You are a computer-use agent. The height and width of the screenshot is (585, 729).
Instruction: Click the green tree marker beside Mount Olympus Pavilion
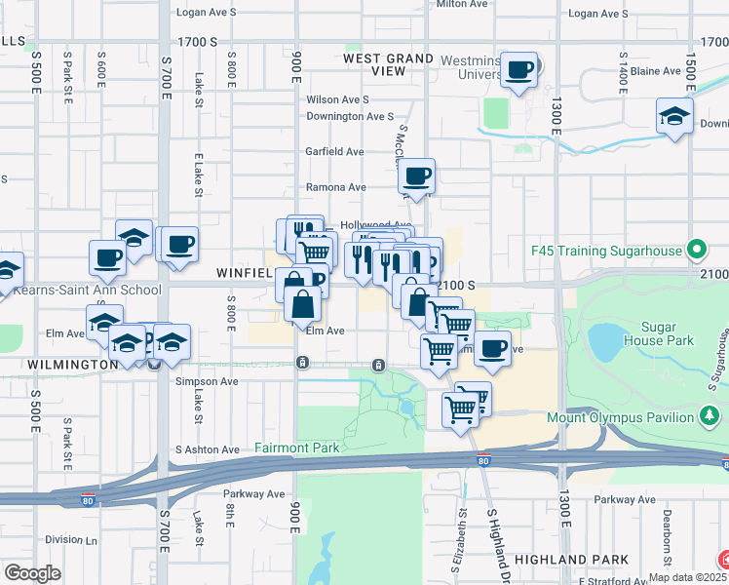tap(709, 417)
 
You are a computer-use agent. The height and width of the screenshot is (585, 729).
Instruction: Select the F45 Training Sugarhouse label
tap(606, 251)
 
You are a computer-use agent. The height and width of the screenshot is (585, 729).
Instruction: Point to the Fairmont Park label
tap(297, 448)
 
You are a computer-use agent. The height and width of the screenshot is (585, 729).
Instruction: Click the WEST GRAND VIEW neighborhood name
tap(389, 65)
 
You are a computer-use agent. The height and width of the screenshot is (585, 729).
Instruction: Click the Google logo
tap(32, 572)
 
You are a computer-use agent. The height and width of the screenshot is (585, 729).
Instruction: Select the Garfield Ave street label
tap(334, 151)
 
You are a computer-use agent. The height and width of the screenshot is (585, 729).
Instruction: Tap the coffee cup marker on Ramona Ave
tap(417, 175)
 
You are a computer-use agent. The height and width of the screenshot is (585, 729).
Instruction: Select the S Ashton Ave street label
tap(207, 449)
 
